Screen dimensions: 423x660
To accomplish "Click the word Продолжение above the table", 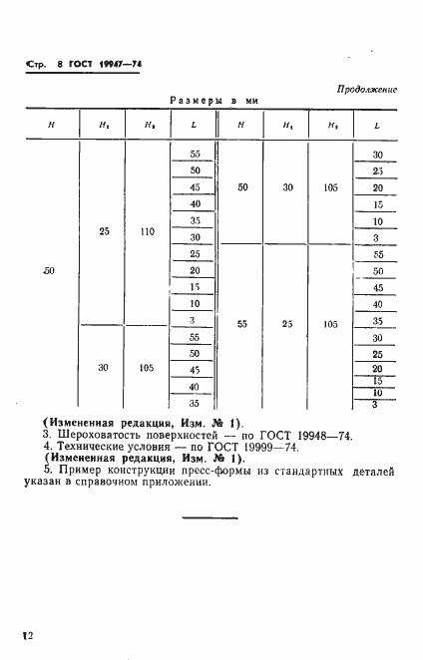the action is tap(366, 89).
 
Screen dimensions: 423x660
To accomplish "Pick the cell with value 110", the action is tap(148, 231).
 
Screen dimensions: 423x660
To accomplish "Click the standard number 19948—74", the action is tap(292, 435).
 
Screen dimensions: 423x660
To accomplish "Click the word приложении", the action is tap(179, 483).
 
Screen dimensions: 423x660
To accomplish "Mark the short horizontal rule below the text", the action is tap(211, 516).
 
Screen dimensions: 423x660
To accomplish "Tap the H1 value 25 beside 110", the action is tap(105, 231).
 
